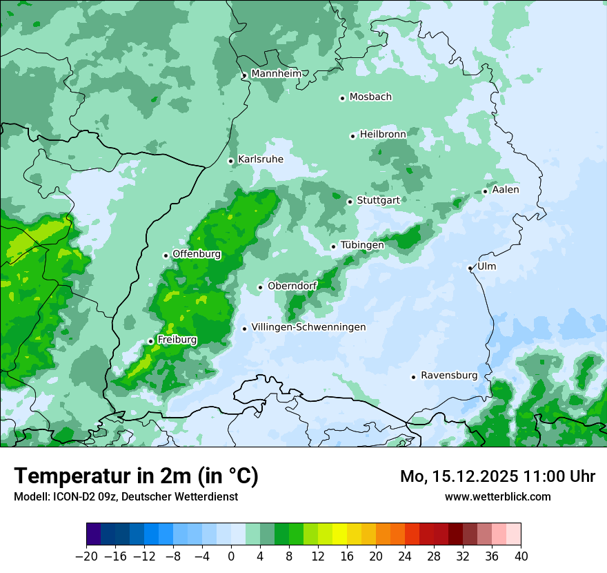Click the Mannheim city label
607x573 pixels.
click(x=276, y=74)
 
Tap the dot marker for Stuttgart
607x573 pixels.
click(x=350, y=202)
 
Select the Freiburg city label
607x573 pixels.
click(x=177, y=340)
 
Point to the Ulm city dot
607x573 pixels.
click(x=470, y=268)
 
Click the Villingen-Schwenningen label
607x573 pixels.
click(x=308, y=327)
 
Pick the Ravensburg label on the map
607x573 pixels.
click(x=448, y=376)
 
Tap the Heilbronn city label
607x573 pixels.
click(x=383, y=134)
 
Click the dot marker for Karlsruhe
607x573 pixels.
click(x=230, y=161)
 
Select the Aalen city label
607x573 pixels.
click(x=506, y=190)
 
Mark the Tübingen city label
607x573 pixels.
click(x=362, y=245)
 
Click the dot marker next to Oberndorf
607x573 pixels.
click(x=260, y=287)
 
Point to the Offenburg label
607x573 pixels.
click(x=197, y=254)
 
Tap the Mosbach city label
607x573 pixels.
click(x=370, y=97)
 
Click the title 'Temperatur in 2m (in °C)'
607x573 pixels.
click(x=136, y=476)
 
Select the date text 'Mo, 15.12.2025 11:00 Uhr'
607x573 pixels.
click(x=497, y=476)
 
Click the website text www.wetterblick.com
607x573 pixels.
click(x=497, y=496)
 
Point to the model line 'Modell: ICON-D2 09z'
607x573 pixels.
click(x=126, y=496)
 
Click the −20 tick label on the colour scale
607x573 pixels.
click(x=86, y=556)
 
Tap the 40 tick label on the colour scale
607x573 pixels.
click(x=521, y=556)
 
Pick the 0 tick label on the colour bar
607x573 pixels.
click(x=231, y=556)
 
